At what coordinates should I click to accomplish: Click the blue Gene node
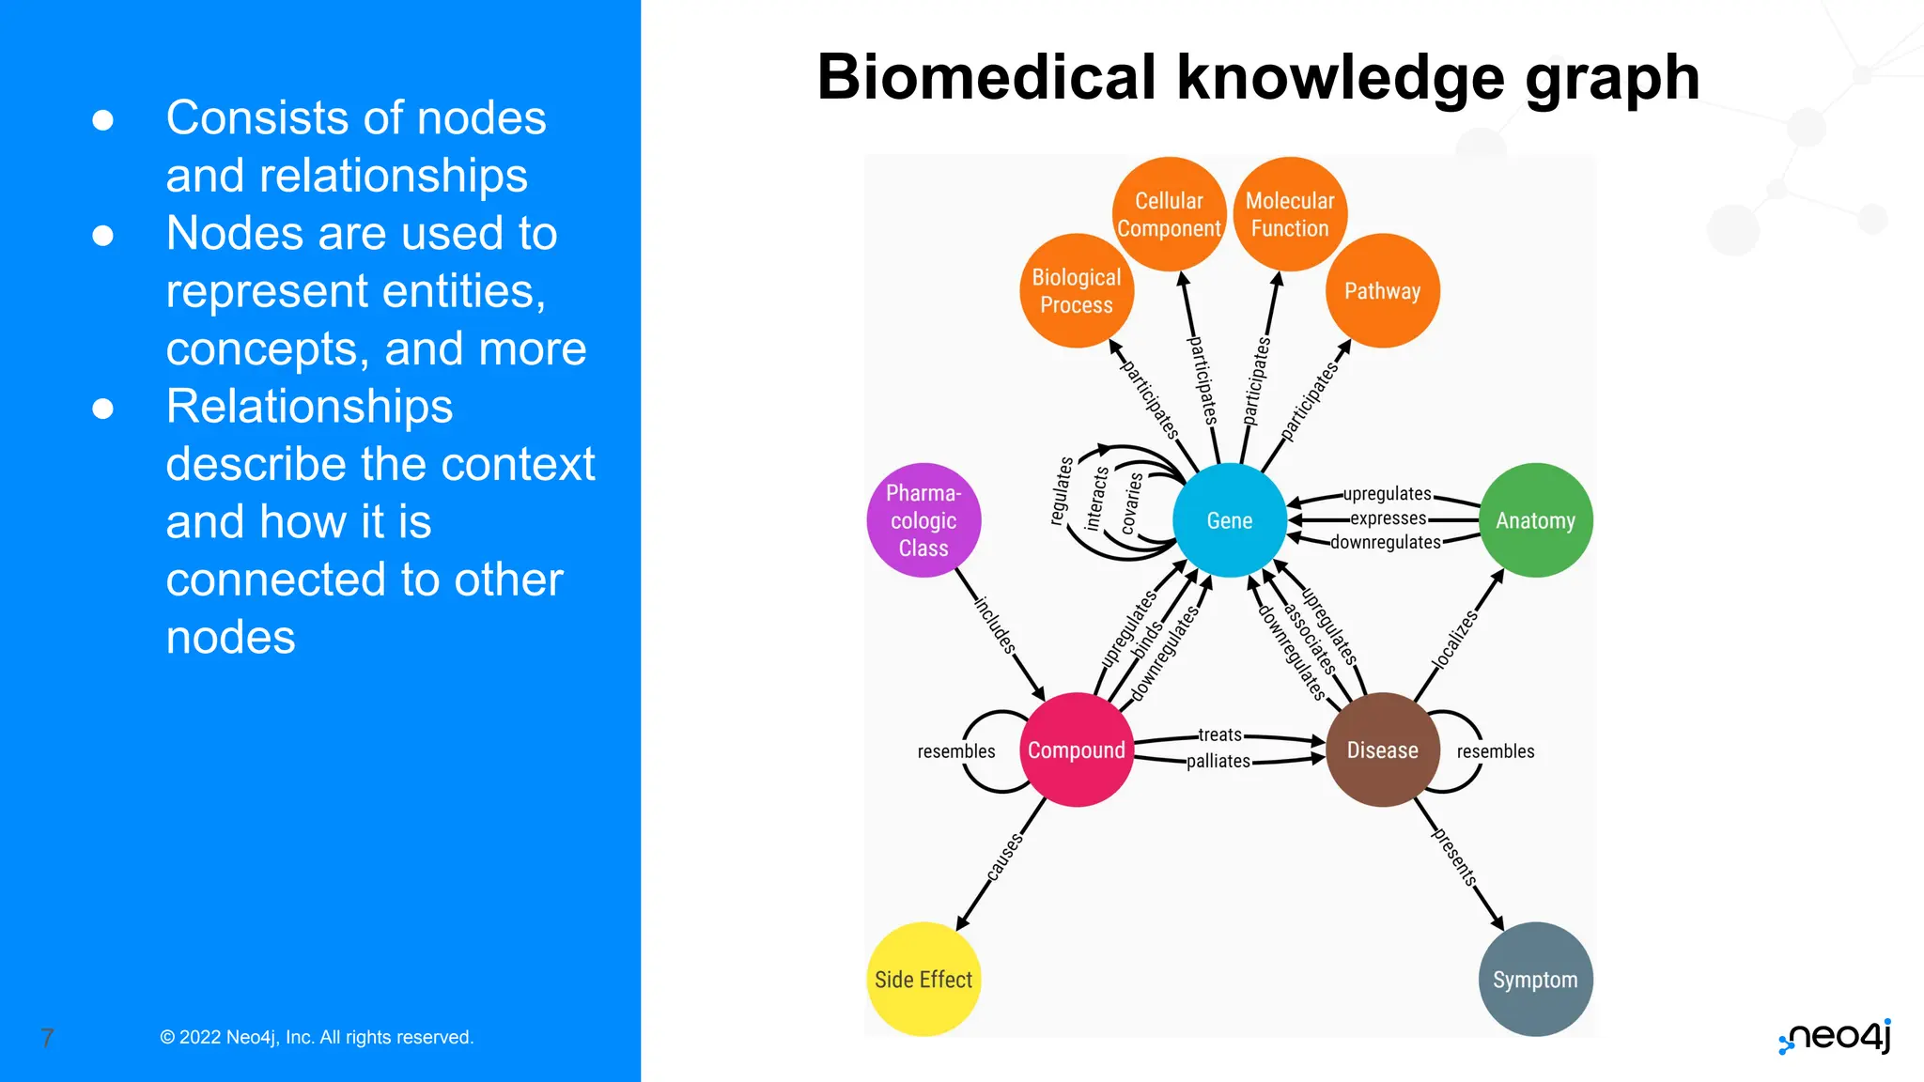tap(1229, 520)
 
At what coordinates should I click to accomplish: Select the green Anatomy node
tap(1535, 520)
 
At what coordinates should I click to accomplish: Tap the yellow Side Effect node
tap(923, 979)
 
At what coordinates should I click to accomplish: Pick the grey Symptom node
tap(1535, 979)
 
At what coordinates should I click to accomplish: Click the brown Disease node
tap(1382, 750)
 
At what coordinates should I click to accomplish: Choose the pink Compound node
tap(1076, 750)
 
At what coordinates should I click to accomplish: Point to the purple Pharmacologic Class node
tap(923, 520)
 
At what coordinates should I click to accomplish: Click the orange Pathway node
tap(1382, 290)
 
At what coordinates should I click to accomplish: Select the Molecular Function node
tap(1290, 214)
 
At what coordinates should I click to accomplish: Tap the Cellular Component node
tap(1169, 214)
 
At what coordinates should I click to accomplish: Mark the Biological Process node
tap(1076, 290)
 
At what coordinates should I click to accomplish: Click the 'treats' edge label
tap(1219, 734)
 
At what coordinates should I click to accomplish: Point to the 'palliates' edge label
tap(1218, 761)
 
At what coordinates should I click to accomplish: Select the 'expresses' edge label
tap(1388, 518)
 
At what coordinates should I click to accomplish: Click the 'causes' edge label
tap(1004, 857)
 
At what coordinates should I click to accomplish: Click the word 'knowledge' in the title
tap(1341, 77)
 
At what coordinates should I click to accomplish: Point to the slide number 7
tap(47, 1038)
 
